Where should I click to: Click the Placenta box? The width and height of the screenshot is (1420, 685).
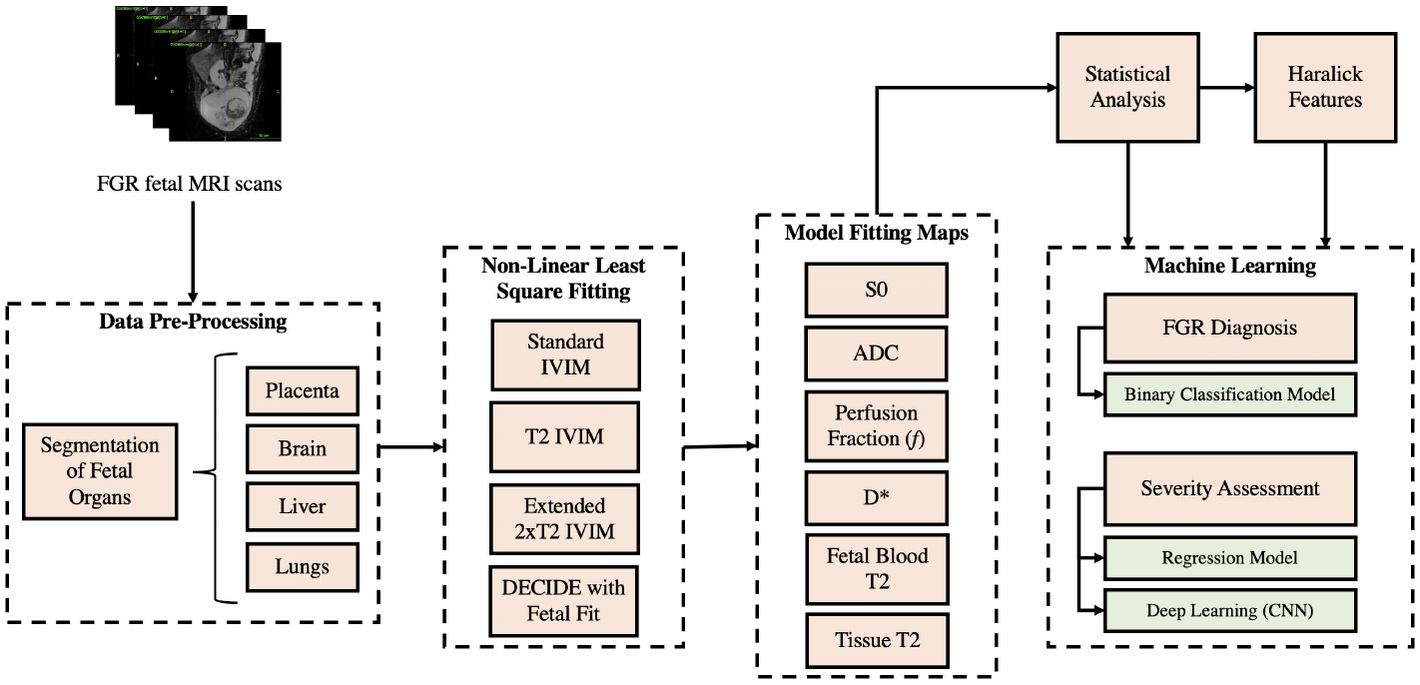(302, 391)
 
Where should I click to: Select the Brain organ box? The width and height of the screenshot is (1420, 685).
(302, 448)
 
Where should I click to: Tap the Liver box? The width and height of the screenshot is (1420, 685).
(302, 507)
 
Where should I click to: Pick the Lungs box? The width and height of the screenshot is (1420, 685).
(302, 566)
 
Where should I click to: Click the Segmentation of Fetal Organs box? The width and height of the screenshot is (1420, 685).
(100, 470)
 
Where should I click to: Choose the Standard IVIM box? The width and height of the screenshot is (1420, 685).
(564, 354)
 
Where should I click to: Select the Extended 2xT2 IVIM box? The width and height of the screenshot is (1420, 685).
(564, 519)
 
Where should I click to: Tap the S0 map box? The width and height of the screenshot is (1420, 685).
(876, 291)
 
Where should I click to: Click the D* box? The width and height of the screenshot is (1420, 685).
(876, 496)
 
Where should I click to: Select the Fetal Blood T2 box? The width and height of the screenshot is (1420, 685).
(876, 569)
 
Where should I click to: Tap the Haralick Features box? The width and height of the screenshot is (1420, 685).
(1324, 87)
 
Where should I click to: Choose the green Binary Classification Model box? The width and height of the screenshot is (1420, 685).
(1229, 394)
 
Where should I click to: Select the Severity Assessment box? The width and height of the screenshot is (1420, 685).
(1229, 488)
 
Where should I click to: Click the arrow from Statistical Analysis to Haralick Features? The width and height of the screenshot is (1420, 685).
(1227, 88)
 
